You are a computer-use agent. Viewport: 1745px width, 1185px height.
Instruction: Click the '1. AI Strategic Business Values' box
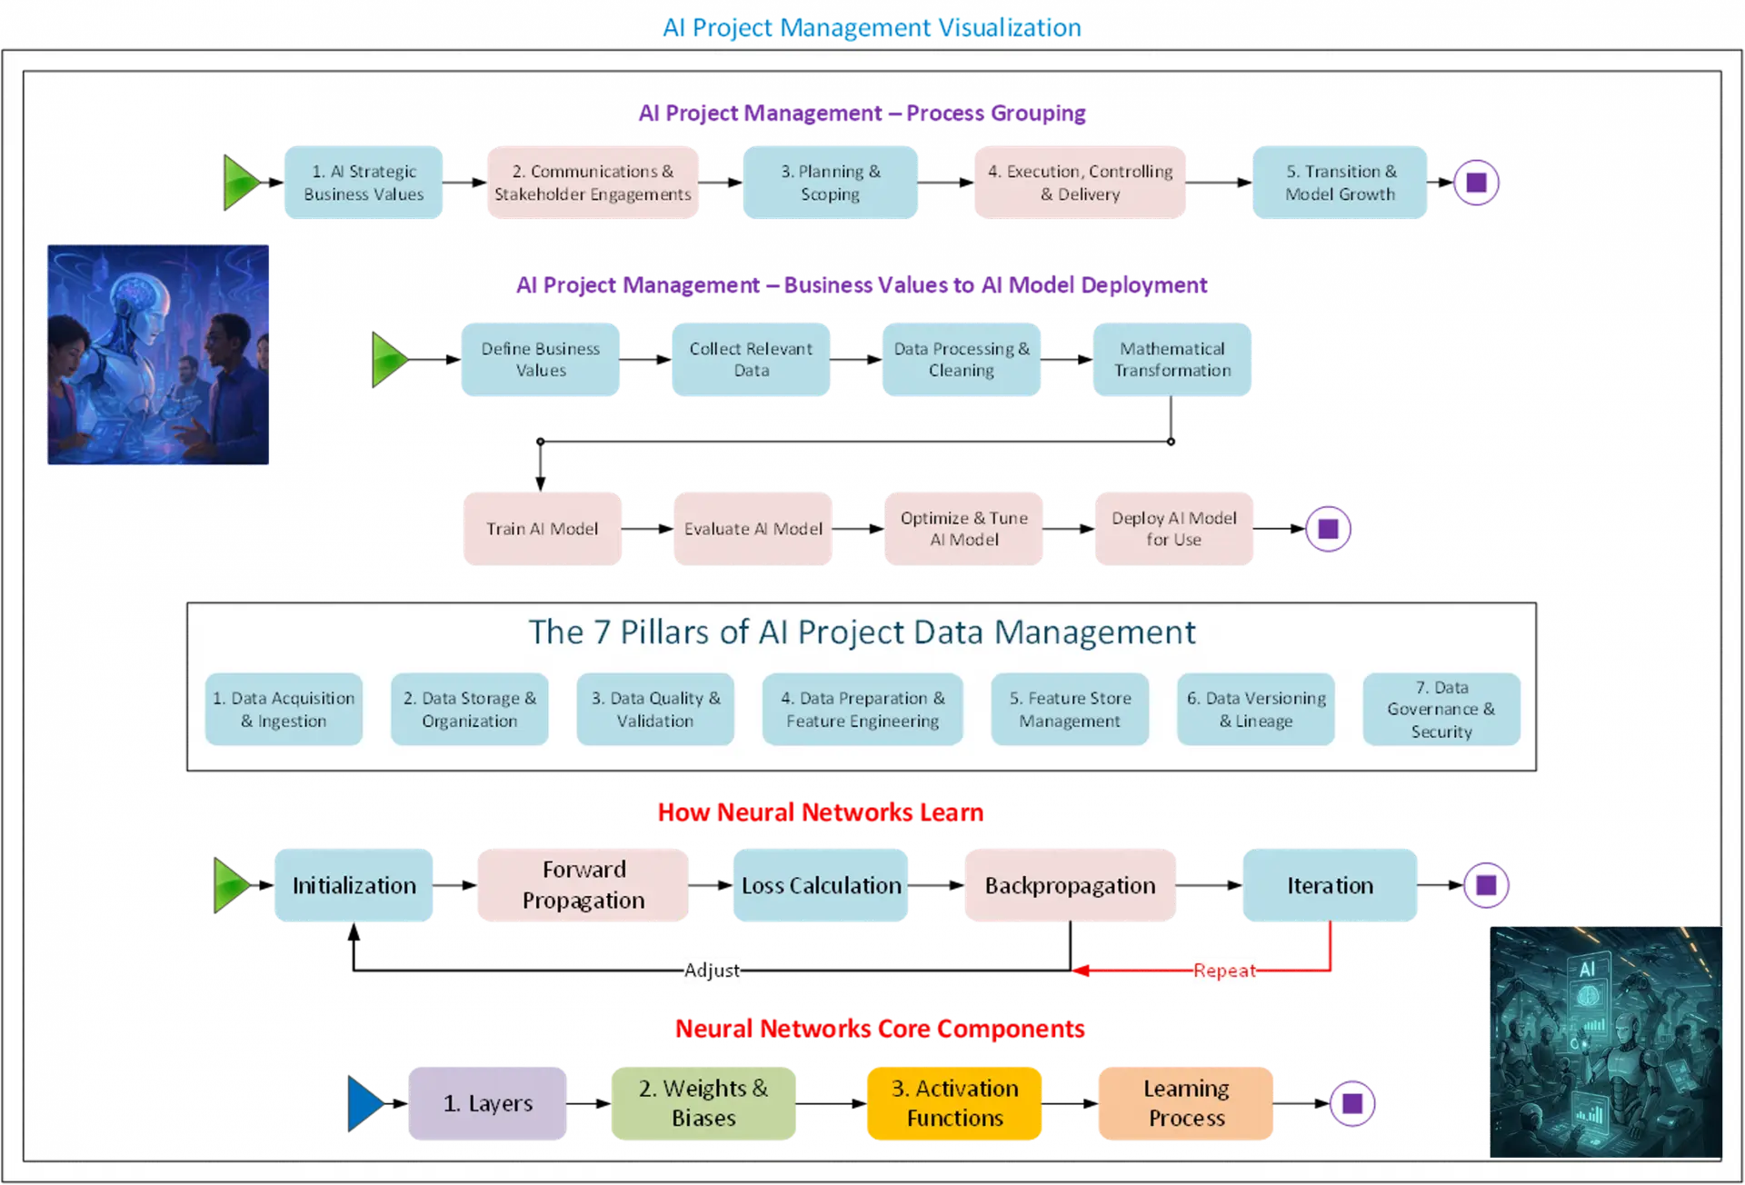click(x=364, y=183)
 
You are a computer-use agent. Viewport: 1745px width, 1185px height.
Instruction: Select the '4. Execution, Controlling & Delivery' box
click(x=1080, y=183)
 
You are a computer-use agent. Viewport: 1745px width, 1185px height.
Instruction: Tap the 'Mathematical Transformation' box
click(x=1172, y=360)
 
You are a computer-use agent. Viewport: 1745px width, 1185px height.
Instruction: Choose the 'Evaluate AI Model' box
click(x=753, y=529)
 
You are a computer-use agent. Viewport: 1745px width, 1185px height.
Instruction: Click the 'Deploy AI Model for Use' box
click(x=1173, y=529)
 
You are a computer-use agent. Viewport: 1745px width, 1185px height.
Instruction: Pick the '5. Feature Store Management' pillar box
click(x=1070, y=710)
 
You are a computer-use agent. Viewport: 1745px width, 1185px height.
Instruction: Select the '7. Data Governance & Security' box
click(x=1441, y=710)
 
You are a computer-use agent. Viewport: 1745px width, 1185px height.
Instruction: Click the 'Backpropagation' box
click(x=1070, y=885)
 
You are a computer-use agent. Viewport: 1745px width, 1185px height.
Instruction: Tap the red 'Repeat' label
click(x=1223, y=971)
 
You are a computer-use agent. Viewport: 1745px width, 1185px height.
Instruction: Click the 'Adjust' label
click(x=712, y=971)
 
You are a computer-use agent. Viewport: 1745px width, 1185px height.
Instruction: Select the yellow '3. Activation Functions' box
click(x=954, y=1103)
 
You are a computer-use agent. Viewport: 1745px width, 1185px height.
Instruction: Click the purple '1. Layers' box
click(x=488, y=1103)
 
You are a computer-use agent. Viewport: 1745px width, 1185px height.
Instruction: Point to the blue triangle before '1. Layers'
click(x=364, y=1103)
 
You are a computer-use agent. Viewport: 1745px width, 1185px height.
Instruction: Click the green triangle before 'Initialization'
click(x=230, y=885)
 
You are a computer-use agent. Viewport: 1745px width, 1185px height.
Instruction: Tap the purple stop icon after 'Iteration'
click(x=1486, y=885)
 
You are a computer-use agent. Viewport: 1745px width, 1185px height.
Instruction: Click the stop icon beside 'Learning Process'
click(x=1351, y=1103)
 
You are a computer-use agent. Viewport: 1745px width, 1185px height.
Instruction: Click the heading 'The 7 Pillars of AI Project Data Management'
click(x=862, y=632)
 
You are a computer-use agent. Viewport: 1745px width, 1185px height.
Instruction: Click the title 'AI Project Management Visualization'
click(x=872, y=28)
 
